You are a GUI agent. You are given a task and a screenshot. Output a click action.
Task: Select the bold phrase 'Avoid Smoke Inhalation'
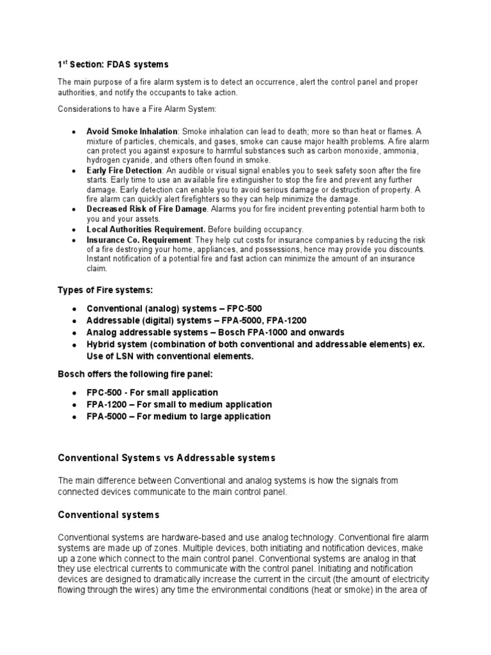132,131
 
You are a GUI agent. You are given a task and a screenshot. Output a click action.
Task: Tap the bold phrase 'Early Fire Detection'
124,171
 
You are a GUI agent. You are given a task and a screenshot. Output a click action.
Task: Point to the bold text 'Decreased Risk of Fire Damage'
146,209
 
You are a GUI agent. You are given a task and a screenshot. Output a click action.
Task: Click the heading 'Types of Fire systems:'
105,290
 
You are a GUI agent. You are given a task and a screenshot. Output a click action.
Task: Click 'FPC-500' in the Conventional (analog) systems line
243,308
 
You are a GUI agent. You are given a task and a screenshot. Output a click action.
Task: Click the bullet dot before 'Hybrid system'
75,345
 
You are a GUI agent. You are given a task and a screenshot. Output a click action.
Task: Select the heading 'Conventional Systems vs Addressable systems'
166,458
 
